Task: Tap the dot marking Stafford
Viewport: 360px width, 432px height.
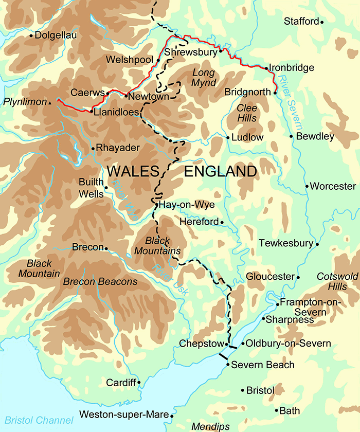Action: pyautogui.click(x=322, y=22)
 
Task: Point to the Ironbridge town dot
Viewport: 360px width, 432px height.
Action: pyautogui.click(x=266, y=67)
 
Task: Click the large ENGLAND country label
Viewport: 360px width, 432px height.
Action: pyautogui.click(x=220, y=171)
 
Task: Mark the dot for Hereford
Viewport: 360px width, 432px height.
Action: pyautogui.click(x=222, y=222)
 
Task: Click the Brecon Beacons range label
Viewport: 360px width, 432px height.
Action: pyautogui.click(x=100, y=282)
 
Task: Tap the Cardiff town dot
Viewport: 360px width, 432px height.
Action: pyautogui.click(x=138, y=383)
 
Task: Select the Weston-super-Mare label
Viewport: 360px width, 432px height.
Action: pyautogui.click(x=123, y=415)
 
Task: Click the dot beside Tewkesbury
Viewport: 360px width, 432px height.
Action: pyautogui.click(x=317, y=244)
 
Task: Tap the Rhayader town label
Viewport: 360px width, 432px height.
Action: pyautogui.click(x=118, y=148)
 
